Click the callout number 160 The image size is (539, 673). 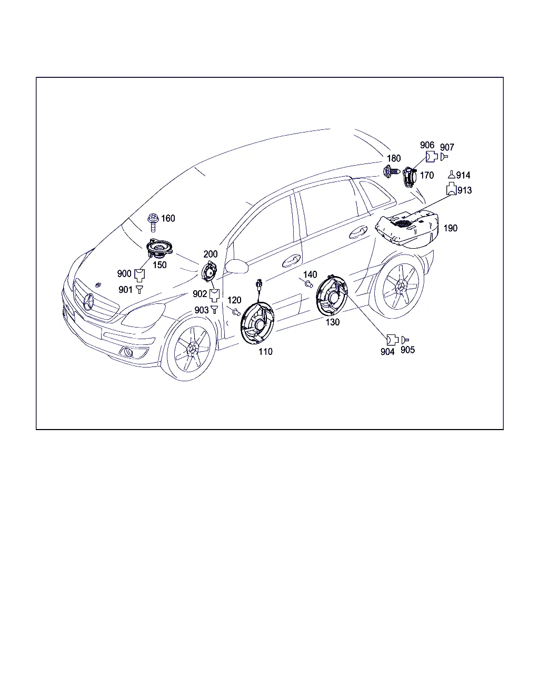168,218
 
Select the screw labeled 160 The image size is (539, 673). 153,222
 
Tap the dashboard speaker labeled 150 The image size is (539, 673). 159,247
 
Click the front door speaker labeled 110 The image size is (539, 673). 257,323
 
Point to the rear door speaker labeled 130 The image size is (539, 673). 332,296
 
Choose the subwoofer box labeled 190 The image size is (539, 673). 407,229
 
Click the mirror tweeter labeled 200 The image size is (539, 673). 209,271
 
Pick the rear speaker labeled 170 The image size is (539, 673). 410,177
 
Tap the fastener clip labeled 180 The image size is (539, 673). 392,171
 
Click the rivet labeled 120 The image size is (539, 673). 236,311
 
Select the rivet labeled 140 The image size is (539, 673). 309,284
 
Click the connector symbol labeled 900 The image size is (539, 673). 139,275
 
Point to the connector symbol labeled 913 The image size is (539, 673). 451,189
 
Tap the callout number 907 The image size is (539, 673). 447,147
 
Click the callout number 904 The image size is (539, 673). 387,352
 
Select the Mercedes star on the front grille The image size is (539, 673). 88,302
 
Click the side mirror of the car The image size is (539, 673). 237,266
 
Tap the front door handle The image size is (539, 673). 291,261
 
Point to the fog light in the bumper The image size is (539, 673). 128,352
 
